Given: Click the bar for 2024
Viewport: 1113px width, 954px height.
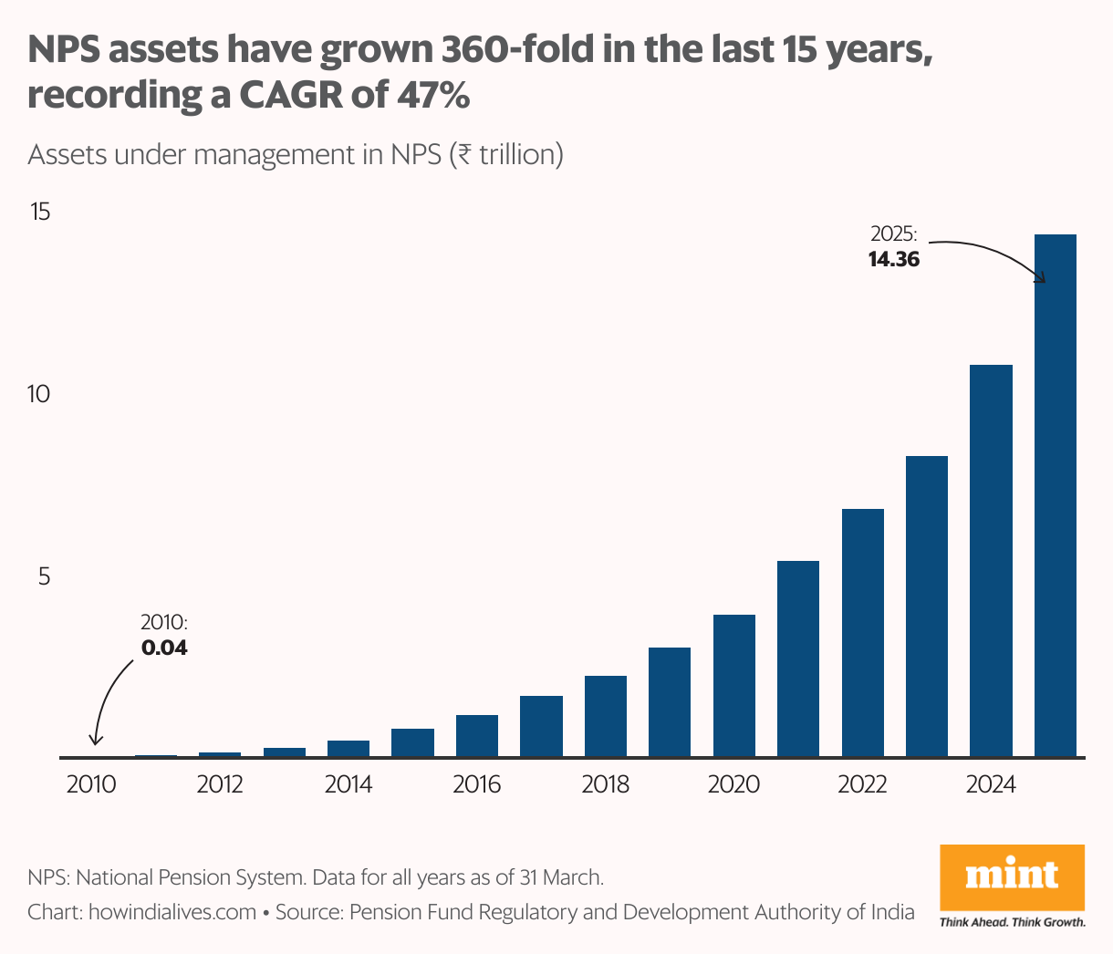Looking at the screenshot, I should pos(991,561).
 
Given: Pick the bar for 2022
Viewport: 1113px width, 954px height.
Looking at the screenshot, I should pos(862,633).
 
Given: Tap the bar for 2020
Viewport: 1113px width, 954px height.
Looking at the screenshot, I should pos(733,686).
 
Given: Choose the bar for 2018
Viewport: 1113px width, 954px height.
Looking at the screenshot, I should pos(606,716).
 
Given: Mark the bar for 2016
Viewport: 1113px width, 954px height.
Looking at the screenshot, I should pos(477,736).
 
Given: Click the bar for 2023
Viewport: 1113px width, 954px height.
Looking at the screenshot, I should pos(926,607).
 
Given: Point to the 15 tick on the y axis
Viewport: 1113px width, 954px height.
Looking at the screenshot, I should pos(40,213).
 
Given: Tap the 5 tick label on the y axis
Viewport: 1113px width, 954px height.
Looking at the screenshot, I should pos(43,576).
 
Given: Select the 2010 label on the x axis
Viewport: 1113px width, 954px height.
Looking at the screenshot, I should pos(91,784).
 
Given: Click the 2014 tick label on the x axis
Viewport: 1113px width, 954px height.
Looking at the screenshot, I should pos(348,784).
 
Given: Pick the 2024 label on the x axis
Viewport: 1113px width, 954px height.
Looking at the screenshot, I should pos(991,784).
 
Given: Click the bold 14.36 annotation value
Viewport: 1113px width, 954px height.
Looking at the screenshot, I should pos(894,259).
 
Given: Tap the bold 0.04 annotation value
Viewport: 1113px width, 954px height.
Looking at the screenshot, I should pos(164,648).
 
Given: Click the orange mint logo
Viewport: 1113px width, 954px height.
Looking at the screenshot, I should pos(1012,876).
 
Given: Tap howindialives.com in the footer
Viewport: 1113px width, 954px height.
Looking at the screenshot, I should pos(172,911).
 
